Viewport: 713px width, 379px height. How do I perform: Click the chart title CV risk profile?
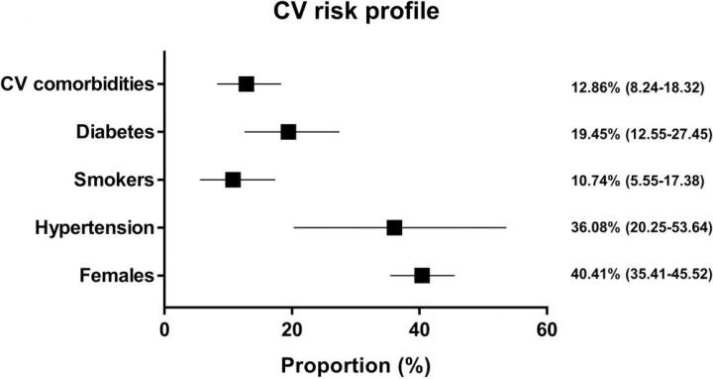356,12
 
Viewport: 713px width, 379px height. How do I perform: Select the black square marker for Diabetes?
288,132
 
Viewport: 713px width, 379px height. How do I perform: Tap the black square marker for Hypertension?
394,228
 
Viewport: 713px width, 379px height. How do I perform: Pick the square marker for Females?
422,276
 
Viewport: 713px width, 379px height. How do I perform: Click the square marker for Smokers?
233,180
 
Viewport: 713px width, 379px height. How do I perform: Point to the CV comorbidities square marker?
246,84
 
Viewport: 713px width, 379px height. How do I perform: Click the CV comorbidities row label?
77,84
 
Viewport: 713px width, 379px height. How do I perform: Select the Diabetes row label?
116,132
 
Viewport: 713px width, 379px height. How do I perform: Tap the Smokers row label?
114,180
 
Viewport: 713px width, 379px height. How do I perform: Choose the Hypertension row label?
95,228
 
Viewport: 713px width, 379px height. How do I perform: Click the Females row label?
117,276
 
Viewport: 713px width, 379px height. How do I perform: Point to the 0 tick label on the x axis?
164,329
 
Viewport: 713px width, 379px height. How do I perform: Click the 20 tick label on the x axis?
292,329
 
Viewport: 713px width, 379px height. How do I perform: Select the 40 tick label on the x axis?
419,329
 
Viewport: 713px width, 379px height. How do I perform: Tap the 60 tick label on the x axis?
547,329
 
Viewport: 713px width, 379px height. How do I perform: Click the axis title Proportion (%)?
356,365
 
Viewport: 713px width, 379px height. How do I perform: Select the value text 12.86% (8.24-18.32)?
638,87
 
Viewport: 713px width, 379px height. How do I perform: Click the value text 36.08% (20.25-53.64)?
641,227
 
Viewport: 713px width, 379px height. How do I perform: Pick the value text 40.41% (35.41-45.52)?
641,274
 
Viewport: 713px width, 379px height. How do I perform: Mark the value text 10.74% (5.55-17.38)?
638,181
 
